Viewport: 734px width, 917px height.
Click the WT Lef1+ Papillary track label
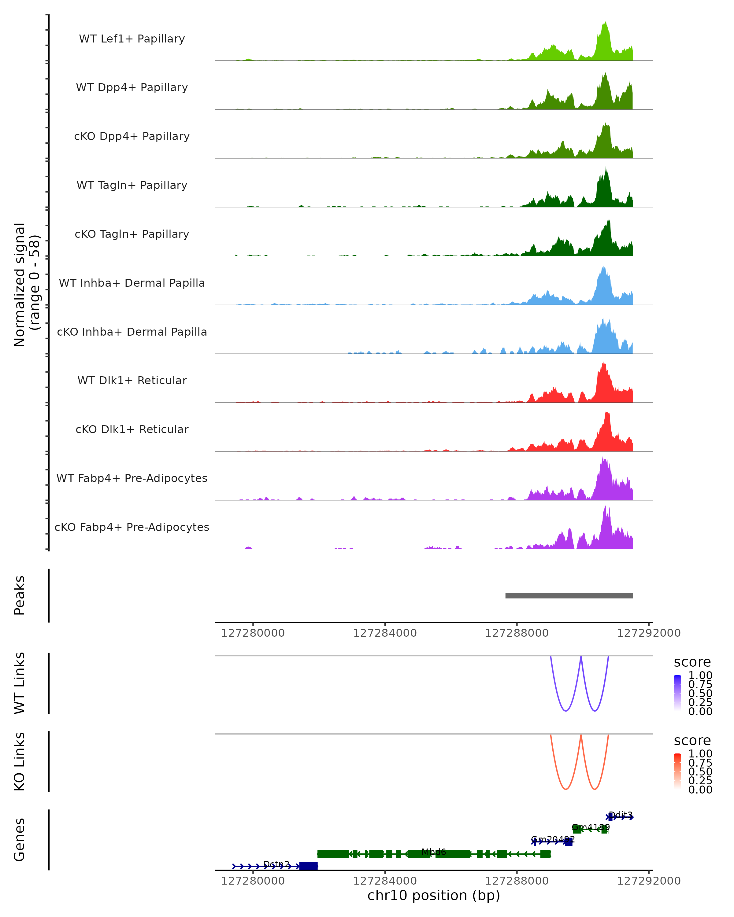(132, 39)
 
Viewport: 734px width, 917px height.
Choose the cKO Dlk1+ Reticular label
(132, 429)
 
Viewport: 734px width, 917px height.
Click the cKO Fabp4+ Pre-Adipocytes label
(132, 527)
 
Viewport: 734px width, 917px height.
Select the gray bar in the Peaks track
(569, 595)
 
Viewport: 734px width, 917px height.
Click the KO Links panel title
(20, 761)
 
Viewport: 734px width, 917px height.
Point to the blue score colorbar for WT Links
(677, 693)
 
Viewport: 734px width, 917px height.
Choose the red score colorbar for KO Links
(677, 771)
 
